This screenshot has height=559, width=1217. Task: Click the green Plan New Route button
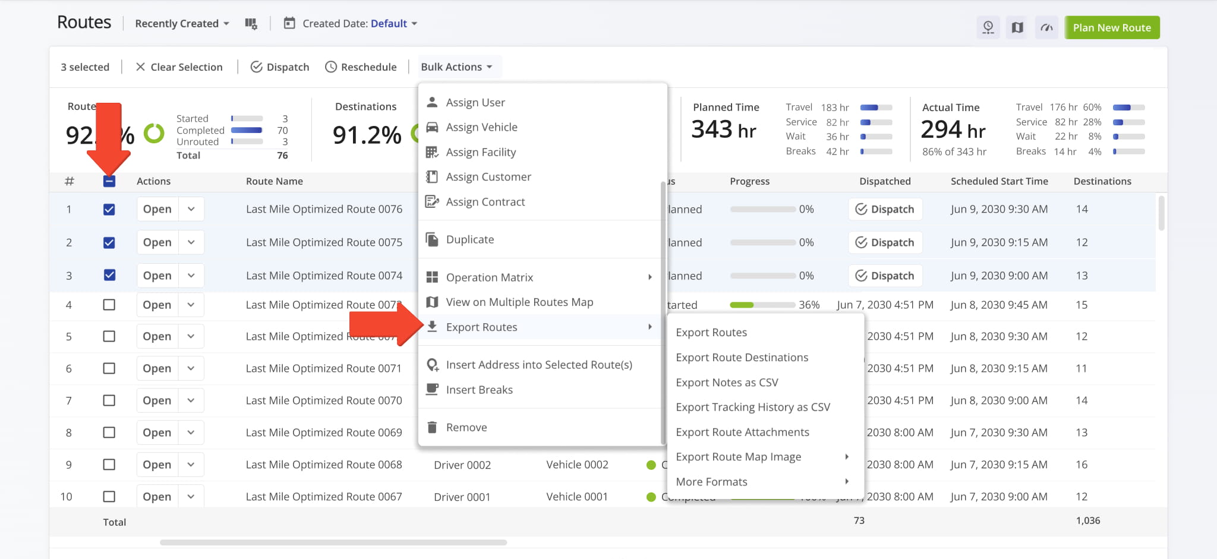click(1111, 27)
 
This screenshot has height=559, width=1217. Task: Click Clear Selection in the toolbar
click(179, 67)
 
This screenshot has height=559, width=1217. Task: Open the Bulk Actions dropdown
click(456, 67)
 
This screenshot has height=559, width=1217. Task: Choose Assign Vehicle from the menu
click(481, 127)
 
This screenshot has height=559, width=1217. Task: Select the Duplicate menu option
click(469, 239)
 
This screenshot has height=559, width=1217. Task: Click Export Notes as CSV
click(727, 383)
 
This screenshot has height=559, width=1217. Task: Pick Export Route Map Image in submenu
click(738, 457)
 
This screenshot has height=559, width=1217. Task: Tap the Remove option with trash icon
click(466, 427)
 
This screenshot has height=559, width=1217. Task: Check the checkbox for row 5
click(109, 336)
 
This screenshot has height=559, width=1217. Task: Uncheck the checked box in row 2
click(109, 242)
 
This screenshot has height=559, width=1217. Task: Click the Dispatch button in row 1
click(885, 209)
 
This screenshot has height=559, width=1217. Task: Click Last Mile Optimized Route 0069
click(324, 432)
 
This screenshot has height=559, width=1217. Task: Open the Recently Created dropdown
click(181, 24)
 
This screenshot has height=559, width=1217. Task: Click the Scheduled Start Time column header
click(999, 181)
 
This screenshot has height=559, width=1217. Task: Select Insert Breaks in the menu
click(479, 390)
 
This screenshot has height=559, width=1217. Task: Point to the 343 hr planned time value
click(723, 130)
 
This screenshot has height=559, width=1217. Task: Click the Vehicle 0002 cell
click(577, 465)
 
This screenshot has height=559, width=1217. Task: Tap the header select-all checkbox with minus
click(109, 181)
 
